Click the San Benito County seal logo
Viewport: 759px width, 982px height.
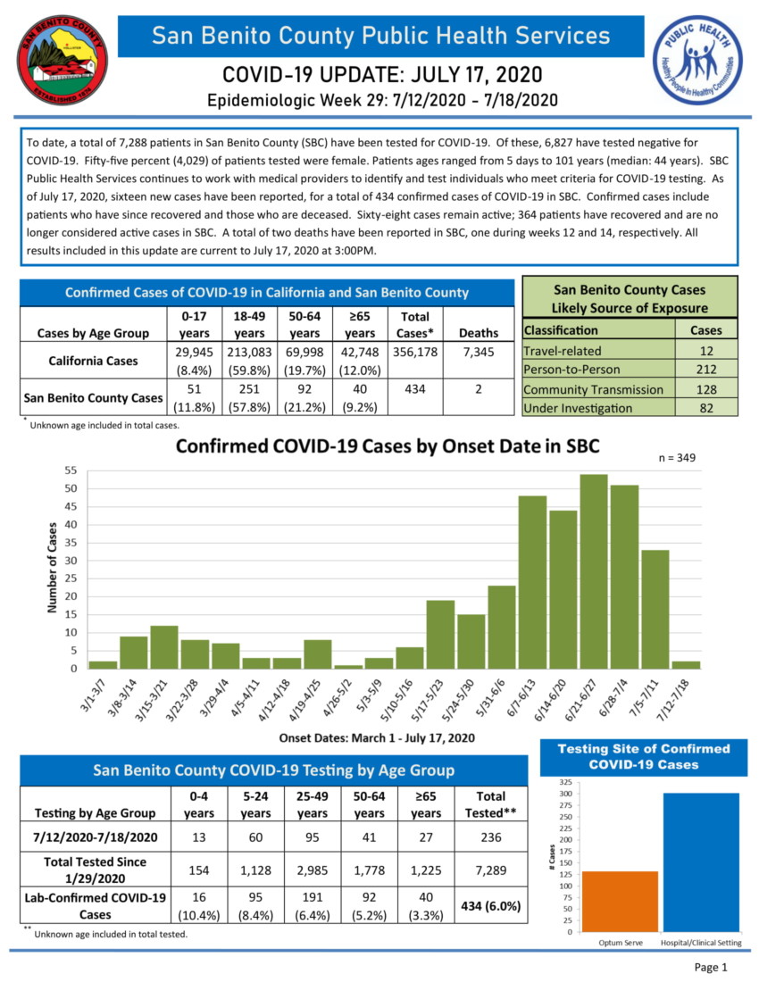(x=61, y=61)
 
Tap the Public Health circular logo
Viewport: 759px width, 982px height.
(x=696, y=61)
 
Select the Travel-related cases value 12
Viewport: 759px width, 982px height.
(x=706, y=351)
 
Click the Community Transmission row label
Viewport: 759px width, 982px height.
(x=593, y=389)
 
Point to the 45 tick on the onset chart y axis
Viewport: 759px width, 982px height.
(x=70, y=506)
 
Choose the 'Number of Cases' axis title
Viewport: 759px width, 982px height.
(x=52, y=568)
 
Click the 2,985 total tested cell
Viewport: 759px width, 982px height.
(x=312, y=870)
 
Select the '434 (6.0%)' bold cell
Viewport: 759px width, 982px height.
(x=490, y=905)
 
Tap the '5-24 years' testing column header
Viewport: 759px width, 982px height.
(x=255, y=803)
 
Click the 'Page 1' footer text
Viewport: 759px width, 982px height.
(x=712, y=967)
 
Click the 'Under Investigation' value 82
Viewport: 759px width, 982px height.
(x=706, y=408)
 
